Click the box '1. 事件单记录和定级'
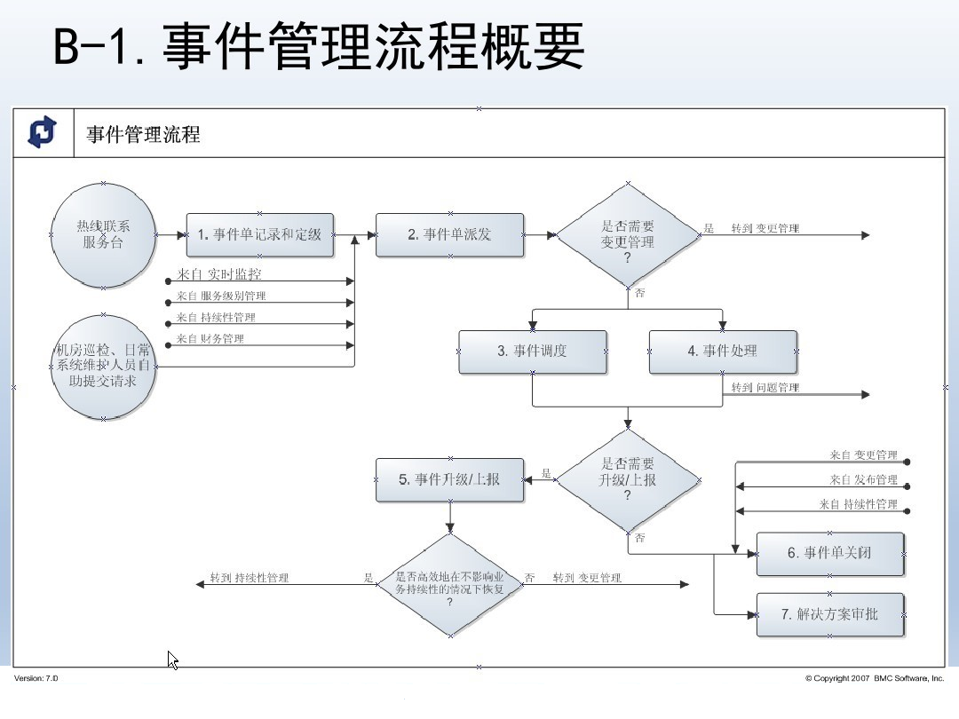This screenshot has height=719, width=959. point(259,235)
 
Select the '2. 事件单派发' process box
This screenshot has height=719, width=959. point(449,235)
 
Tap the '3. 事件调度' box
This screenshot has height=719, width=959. point(533,352)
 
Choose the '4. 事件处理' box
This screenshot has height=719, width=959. point(722,352)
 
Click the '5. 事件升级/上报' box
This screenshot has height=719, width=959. point(449,480)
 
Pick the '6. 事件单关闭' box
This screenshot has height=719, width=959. point(829,553)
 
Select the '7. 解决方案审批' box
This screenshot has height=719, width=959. point(829,613)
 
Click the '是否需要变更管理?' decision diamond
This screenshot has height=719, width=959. point(628,235)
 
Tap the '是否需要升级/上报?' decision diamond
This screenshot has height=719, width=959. point(628,480)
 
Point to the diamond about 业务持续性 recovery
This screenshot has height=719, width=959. point(449,585)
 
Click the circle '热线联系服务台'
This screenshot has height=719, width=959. point(103,235)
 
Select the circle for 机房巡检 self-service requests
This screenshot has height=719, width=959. point(103,366)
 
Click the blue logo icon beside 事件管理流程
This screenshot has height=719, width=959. point(42,132)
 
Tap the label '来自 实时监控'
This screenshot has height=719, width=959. point(218,274)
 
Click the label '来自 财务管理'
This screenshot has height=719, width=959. point(210,339)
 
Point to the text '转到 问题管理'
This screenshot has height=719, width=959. point(765,388)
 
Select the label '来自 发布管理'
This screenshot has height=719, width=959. point(864,480)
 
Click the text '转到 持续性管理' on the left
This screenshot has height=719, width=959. point(250,579)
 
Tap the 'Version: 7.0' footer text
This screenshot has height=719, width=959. point(36,678)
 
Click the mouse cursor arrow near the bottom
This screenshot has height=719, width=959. point(173,660)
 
